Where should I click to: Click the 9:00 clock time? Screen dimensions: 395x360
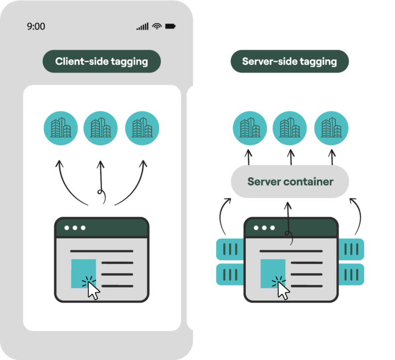[x=36, y=26]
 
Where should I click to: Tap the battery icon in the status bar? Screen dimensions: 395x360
[x=170, y=26]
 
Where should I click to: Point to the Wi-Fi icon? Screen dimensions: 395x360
[x=157, y=26]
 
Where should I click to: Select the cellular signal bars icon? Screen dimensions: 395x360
[x=142, y=26]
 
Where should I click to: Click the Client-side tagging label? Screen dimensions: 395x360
[x=101, y=61]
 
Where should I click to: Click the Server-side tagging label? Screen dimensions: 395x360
[x=290, y=61]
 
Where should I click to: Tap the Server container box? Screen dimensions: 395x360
[x=290, y=182]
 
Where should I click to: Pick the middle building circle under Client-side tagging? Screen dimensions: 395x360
[x=100, y=128]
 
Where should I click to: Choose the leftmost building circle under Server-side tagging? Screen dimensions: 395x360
[x=250, y=128]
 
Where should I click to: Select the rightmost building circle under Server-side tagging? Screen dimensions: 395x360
[x=331, y=128]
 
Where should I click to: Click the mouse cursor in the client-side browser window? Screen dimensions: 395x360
[x=93, y=290]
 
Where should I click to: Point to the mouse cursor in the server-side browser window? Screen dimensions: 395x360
[x=284, y=290]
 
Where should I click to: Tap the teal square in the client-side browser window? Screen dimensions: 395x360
[x=83, y=274]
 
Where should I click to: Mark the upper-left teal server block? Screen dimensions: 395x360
[x=230, y=249]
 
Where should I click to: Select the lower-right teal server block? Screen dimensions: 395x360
[x=351, y=274]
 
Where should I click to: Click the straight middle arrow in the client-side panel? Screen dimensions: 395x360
[x=101, y=182]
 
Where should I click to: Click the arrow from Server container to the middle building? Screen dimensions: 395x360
[x=291, y=157]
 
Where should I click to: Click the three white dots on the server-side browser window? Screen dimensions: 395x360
[x=264, y=228]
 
